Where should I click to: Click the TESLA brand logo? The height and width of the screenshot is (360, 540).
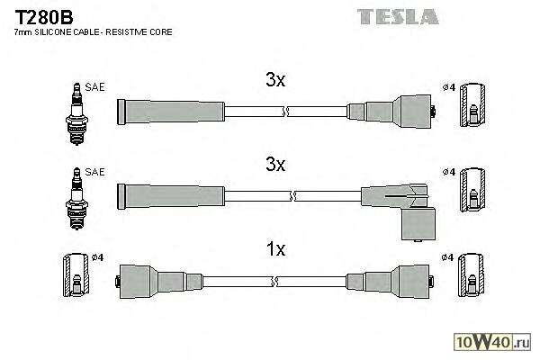pyautogui.click(x=397, y=15)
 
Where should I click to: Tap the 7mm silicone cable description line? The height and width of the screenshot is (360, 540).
pyautogui.click(x=94, y=32)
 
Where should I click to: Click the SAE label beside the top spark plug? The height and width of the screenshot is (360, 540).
pyautogui.click(x=95, y=86)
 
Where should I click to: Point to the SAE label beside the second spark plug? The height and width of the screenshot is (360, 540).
pyautogui.click(x=95, y=171)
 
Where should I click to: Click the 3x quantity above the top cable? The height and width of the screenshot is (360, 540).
pyautogui.click(x=275, y=80)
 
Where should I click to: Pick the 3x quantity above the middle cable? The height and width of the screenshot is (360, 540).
pyautogui.click(x=275, y=165)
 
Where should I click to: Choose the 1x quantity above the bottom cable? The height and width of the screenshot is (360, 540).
pyautogui.click(x=275, y=249)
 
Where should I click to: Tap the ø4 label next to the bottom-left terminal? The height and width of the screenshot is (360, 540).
pyautogui.click(x=98, y=258)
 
